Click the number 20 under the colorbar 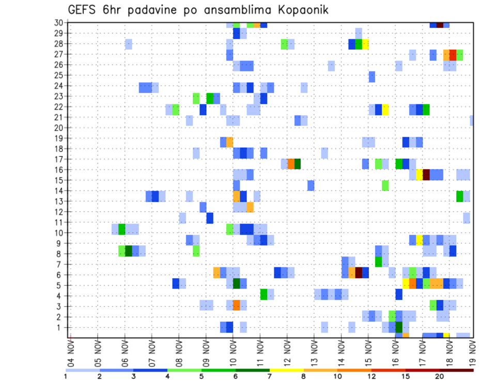pos(439,377)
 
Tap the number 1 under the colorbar pos(66,377)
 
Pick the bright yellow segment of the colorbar pos(286,370)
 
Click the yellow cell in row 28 pos(365,44)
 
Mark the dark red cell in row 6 pos(359,273)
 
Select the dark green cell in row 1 pos(399,327)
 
